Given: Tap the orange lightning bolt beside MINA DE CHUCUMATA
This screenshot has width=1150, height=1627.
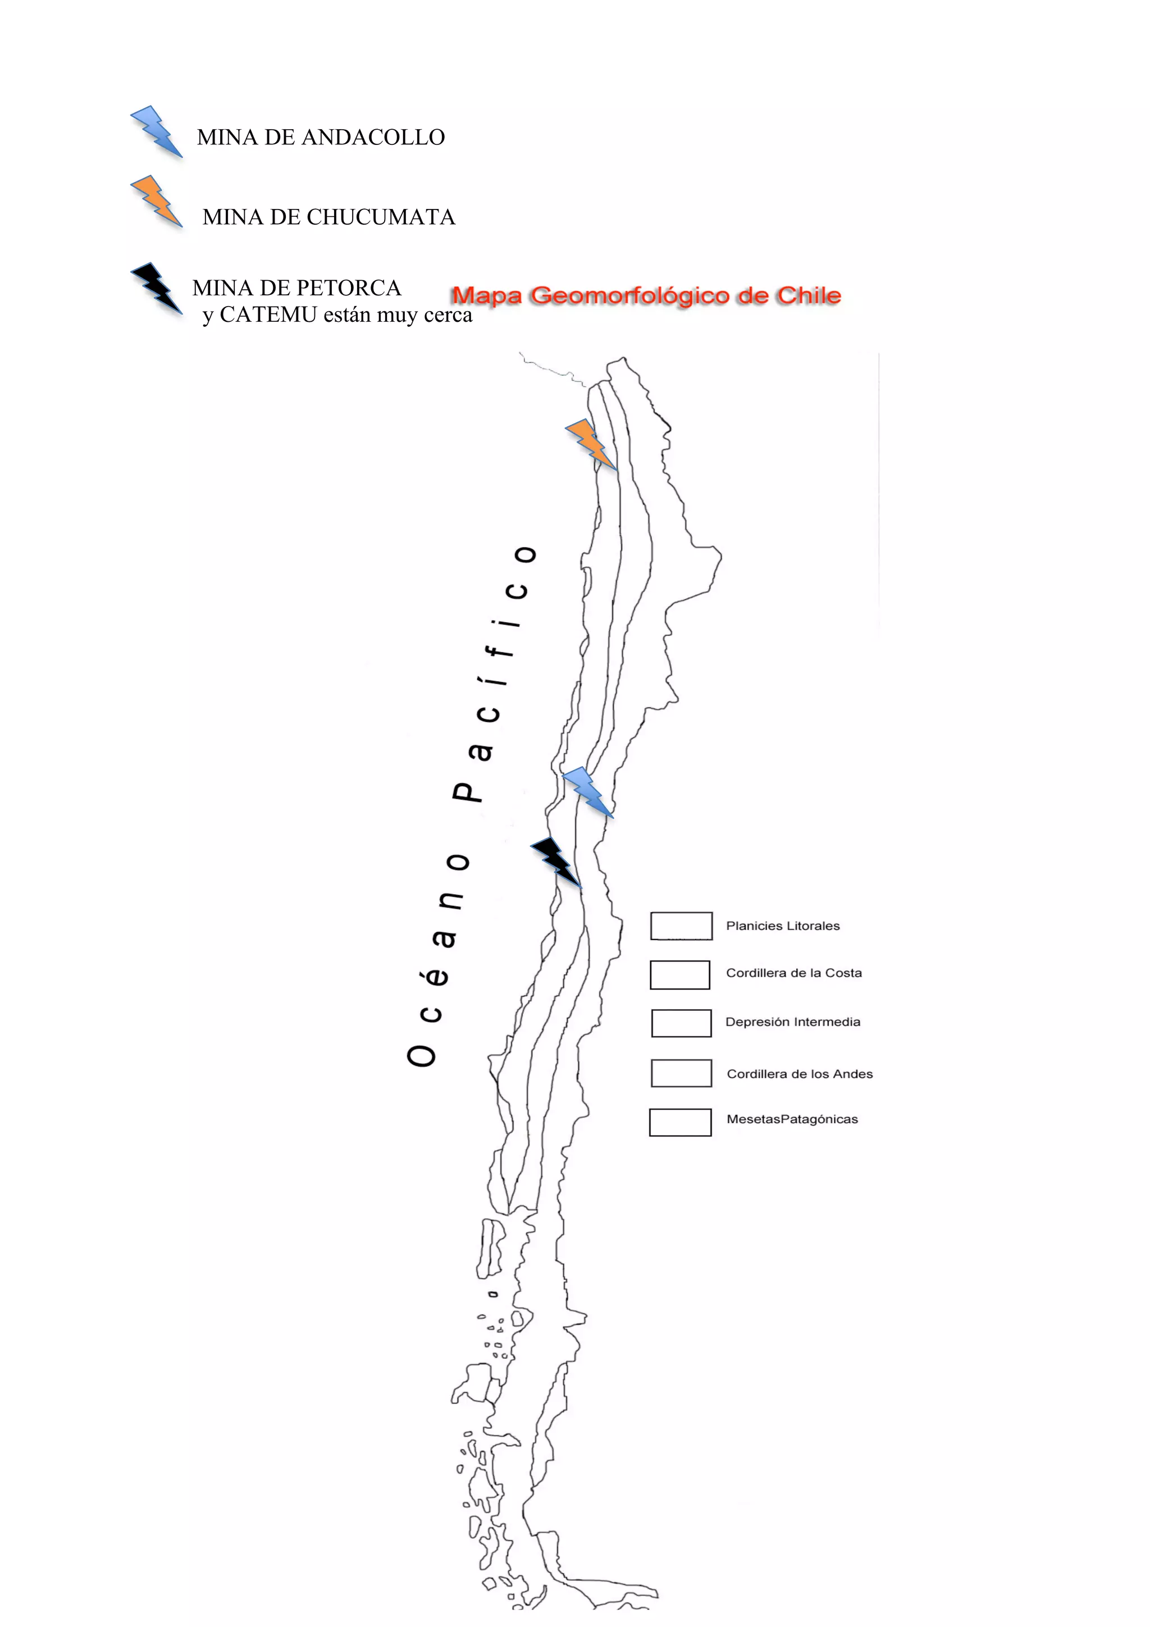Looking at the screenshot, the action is pos(157,201).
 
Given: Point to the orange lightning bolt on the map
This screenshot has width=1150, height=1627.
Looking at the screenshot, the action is pos(590,444).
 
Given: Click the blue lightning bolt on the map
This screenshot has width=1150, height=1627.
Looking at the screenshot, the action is pos(587,791).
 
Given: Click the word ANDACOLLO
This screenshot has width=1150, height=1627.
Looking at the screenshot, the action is pos(373,138).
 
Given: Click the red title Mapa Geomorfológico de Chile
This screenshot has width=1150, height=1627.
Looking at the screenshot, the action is pos(646,295).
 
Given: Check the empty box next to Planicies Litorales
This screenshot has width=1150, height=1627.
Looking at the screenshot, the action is pos(681,926).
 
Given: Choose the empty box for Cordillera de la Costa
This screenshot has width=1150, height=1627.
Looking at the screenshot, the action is pos(679,974).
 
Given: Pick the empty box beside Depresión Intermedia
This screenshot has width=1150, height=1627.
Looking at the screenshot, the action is pos(681,1023).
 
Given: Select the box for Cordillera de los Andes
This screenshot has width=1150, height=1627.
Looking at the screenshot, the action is pos(681,1073).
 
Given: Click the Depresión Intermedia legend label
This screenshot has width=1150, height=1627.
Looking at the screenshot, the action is pos(792,1022).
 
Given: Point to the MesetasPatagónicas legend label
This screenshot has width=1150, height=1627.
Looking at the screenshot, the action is pos(791,1119).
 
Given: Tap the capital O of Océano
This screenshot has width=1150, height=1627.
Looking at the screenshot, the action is pos(422,1056).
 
